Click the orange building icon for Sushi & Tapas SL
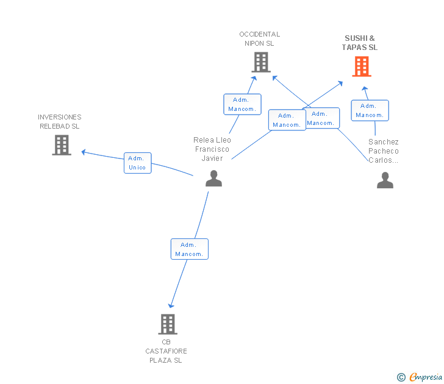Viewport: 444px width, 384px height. point(362,66)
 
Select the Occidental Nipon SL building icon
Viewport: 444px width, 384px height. point(261,62)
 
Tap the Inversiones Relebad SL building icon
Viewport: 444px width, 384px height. point(62,145)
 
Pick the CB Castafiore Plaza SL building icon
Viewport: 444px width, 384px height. point(168,324)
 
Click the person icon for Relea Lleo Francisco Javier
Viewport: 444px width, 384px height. point(214,178)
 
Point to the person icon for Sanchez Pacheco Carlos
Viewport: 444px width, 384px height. point(385,180)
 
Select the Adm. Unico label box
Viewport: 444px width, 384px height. point(138,163)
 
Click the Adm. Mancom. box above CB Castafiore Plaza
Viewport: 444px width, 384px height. point(190,249)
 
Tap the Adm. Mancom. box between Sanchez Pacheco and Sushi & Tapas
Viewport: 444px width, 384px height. point(370,110)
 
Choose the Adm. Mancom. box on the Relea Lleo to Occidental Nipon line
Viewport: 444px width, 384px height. point(242,104)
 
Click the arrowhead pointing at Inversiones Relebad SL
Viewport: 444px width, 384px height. point(84,152)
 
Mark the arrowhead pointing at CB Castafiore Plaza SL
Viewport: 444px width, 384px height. point(171,305)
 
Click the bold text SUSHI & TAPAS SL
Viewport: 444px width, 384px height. point(360,43)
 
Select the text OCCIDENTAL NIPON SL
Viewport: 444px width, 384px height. point(259,39)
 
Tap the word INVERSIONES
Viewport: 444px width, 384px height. point(60,117)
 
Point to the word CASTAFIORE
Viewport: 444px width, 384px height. point(166,351)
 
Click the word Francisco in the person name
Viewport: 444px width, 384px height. point(212,149)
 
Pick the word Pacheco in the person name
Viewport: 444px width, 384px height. point(384,151)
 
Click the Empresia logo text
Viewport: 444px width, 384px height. point(426,377)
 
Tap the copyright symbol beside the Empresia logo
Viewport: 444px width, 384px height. point(401,377)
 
